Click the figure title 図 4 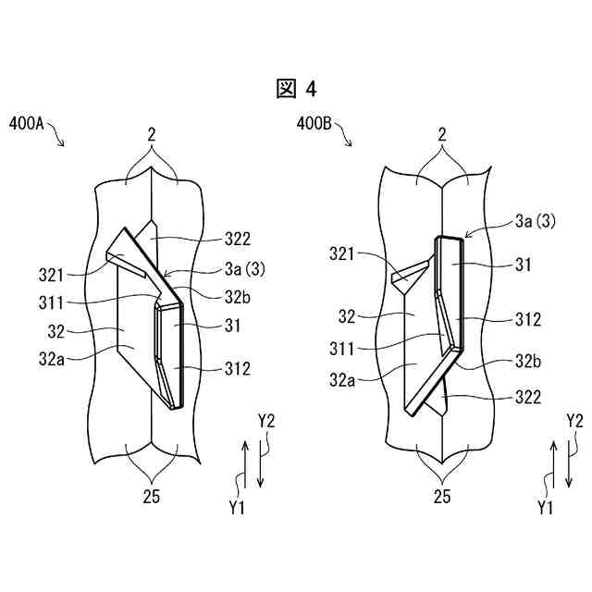pyautogui.click(x=296, y=88)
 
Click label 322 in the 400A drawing pyautogui.click(x=238, y=239)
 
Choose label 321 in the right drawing pyautogui.click(x=348, y=251)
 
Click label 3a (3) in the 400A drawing pyautogui.click(x=243, y=270)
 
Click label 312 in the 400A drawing pyautogui.click(x=238, y=368)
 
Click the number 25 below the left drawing pyautogui.click(x=152, y=497)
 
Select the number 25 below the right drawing pyautogui.click(x=442, y=497)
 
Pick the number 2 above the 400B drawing pyautogui.click(x=442, y=134)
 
